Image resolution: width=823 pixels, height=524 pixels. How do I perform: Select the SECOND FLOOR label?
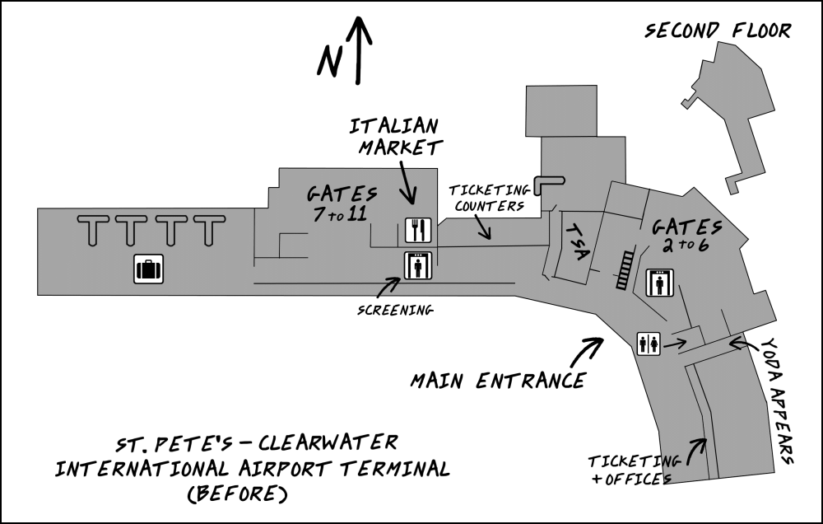pos(718,31)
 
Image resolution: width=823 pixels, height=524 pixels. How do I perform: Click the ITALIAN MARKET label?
pos(395,137)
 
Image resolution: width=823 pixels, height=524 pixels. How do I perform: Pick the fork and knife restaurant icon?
pos(417,230)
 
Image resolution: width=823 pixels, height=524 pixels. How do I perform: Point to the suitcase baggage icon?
pos(149,269)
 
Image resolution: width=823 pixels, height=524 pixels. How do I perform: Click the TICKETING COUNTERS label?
pos(487,199)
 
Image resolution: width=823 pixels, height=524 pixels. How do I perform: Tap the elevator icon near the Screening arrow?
pos(418,266)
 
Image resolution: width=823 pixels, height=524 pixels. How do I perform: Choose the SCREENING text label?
pos(396,311)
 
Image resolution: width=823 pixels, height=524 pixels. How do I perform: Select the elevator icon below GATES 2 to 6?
pos(661,283)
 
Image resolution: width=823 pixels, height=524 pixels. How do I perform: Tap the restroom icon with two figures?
pos(648,344)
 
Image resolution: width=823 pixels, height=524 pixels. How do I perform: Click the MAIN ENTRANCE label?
pos(499,381)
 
